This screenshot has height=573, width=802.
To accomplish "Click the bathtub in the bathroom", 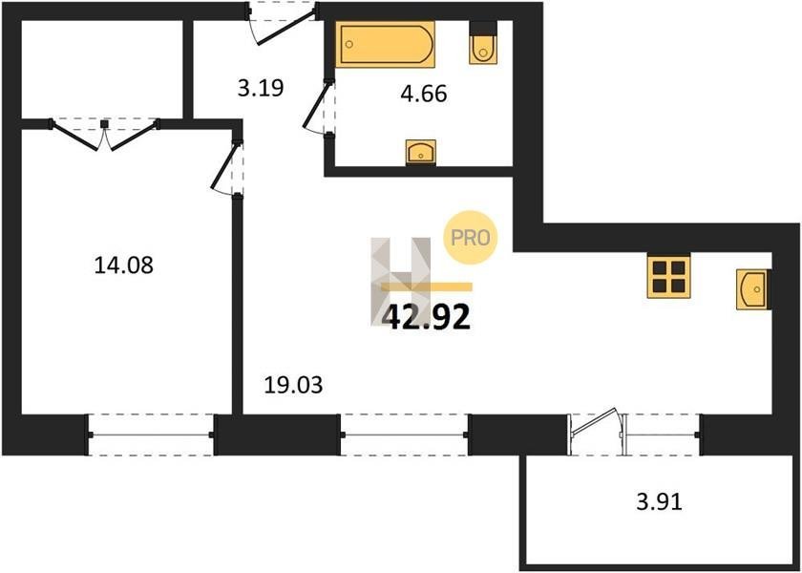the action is coord(385,44).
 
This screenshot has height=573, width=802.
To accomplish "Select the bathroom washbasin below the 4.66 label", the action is coord(421,152).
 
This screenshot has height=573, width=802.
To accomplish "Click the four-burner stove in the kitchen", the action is coord(668,276).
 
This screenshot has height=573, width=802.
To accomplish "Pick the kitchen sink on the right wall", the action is coord(753,289).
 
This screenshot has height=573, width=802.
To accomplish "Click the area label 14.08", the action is coord(124,265).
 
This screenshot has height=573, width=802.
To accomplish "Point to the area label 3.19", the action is coord(261,89).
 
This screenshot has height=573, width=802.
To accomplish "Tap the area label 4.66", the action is coord(424,95).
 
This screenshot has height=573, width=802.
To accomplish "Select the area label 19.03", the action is coord(293,385).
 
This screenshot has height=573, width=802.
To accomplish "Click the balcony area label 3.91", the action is coord(660,502).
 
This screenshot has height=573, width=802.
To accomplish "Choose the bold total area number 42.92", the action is coord(426,318).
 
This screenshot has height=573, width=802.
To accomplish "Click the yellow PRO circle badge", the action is coord(470,238).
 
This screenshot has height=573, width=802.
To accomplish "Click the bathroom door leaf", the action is coord(316,106).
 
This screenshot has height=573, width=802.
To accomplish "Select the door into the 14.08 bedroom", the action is coord(225,166).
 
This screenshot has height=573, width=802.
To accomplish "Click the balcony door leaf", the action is coord(595,421).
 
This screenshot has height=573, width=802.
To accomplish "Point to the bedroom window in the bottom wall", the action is coord(151,435).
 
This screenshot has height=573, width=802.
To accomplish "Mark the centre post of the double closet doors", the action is coord(104,124).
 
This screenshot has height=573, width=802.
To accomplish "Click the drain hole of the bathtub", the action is coord(348,44).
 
